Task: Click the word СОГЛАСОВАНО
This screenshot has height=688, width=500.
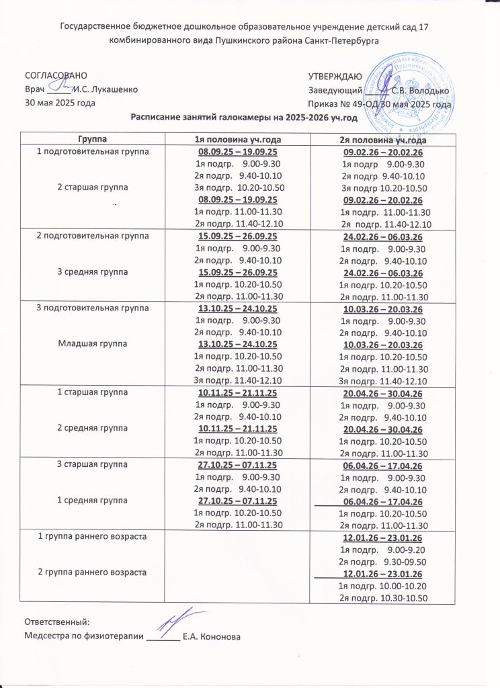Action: coord(56,76)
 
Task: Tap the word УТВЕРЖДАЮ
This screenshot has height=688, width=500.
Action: coord(335,76)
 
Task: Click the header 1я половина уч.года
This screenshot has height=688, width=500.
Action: coord(238,139)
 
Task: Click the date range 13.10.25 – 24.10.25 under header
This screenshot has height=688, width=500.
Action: coord(238,308)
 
